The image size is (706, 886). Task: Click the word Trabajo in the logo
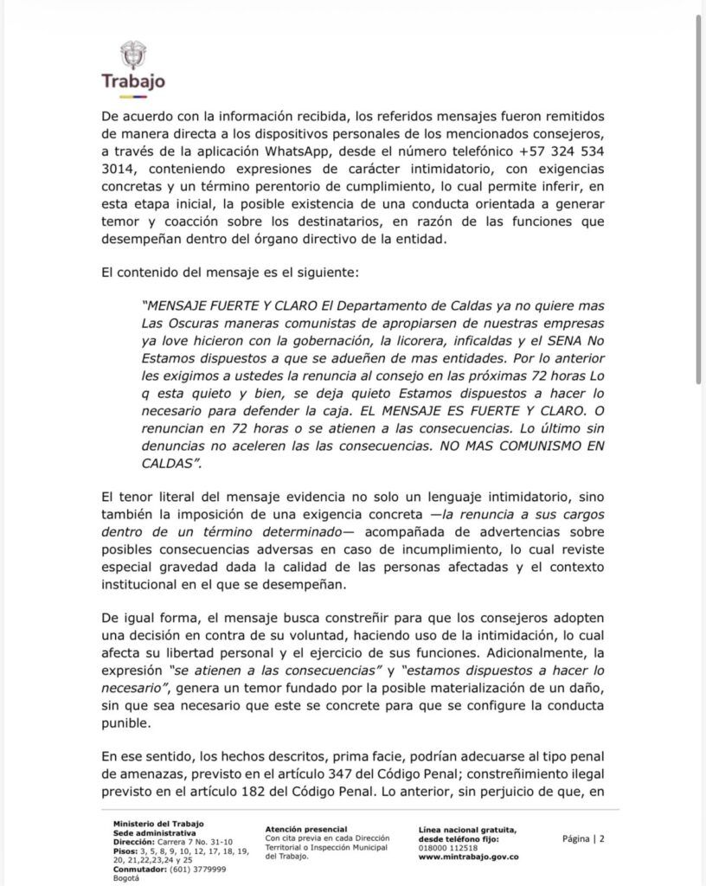click(x=133, y=81)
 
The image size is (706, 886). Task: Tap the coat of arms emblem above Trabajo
click(x=133, y=55)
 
